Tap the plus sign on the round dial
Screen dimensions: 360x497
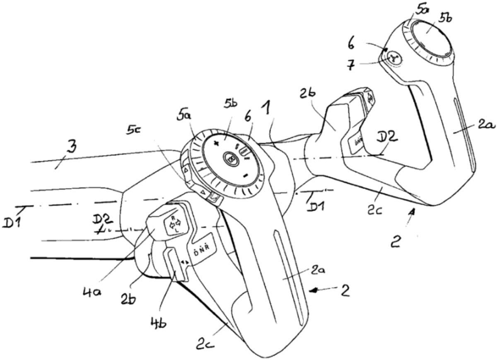pos(216,144)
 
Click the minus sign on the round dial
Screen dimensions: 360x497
pos(246,176)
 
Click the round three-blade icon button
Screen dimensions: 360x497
pos(394,59)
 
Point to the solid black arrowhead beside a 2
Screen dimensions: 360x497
pos(317,291)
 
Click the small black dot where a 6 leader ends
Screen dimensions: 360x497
pos(386,50)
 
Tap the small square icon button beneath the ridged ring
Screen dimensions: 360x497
pos(214,198)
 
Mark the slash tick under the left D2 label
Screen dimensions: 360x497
pos(97,233)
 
